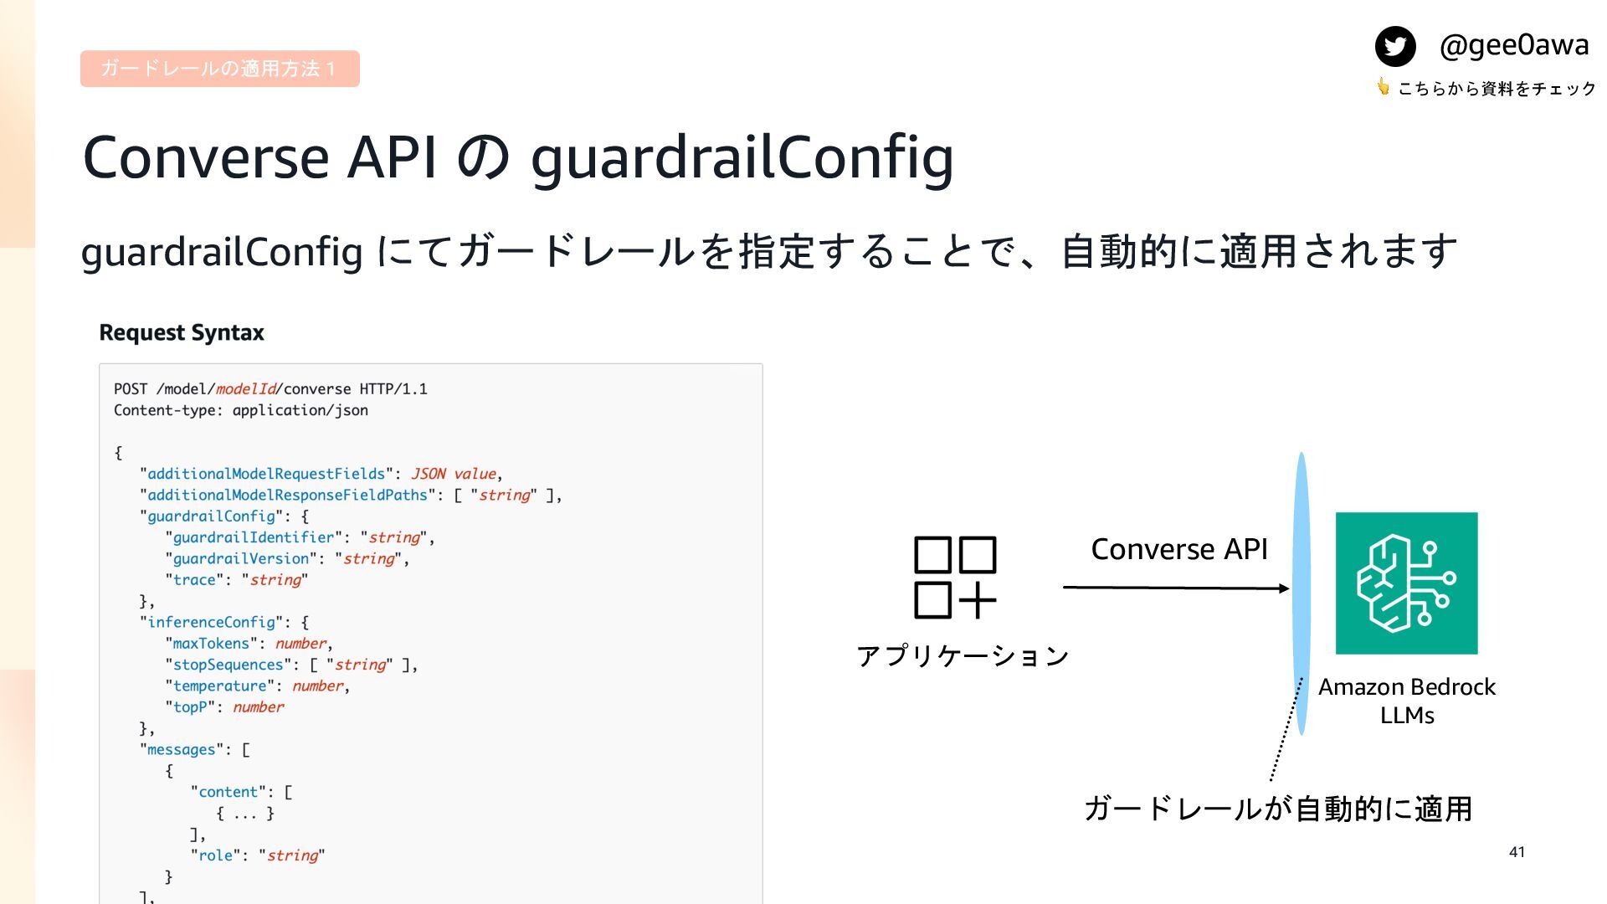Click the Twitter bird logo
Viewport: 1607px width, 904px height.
tap(1395, 46)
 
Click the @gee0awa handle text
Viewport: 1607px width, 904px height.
tap(1513, 44)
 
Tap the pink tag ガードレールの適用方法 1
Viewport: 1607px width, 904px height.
tap(219, 69)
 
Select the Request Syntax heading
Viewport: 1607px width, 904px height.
tap(182, 333)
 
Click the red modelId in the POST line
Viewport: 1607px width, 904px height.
tap(245, 389)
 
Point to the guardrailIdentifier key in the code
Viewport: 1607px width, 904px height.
tap(254, 537)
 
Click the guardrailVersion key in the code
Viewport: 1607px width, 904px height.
tap(241, 558)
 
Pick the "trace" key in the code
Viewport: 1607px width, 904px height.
tap(194, 580)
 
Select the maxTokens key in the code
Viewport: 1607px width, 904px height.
tap(211, 644)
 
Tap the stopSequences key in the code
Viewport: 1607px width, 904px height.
tap(228, 665)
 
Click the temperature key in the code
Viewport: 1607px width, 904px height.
tap(219, 686)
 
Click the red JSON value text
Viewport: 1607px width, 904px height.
tap(454, 474)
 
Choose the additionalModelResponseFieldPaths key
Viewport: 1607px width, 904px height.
tap(287, 496)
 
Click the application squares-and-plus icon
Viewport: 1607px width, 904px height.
tap(955, 578)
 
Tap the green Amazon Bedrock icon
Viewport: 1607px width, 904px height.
tap(1406, 583)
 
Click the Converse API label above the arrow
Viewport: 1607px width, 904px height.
tap(1178, 549)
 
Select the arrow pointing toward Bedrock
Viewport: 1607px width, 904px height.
tap(1175, 588)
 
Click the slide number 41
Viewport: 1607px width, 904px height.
tap(1517, 852)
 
